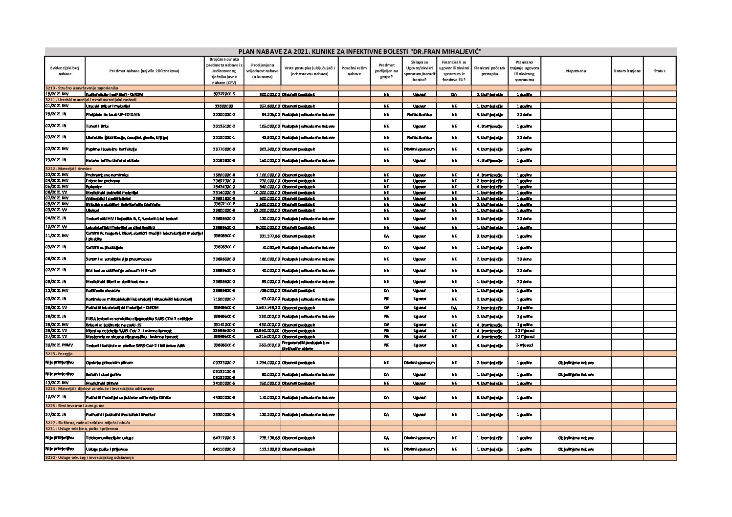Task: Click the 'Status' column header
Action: pos(659,71)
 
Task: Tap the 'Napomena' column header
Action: pos(576,71)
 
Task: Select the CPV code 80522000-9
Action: pos(224,94)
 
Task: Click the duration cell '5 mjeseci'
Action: pos(524,345)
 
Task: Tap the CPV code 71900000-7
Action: pos(224,299)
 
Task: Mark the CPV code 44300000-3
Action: pos(224,397)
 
